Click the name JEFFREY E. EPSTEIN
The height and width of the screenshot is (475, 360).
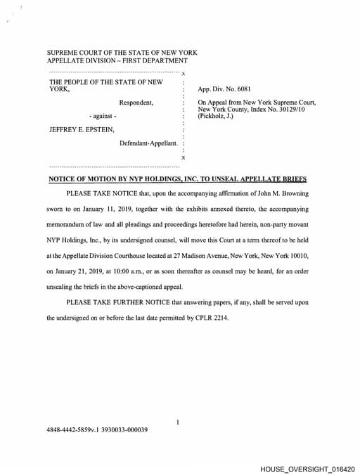click(80, 129)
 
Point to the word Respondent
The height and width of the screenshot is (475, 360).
click(136, 103)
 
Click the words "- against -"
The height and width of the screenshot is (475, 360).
click(103, 115)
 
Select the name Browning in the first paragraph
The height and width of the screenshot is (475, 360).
click(288, 193)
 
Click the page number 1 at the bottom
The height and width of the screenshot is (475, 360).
click(179, 422)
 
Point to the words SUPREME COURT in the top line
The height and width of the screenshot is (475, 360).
click(75, 53)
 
